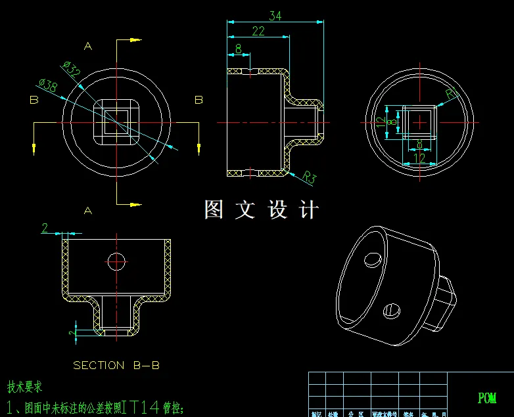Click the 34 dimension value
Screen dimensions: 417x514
(275, 16)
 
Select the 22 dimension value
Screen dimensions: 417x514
(258, 31)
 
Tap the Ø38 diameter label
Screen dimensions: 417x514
(48, 85)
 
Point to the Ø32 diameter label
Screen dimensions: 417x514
(71, 68)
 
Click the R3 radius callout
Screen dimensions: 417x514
(310, 176)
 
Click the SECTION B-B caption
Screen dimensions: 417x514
(116, 365)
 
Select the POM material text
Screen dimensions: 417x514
(487, 398)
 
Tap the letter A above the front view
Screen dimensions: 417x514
(87, 46)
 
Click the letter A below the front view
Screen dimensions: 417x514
(87, 210)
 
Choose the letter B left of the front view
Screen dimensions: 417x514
(34, 100)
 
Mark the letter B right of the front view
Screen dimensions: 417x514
(199, 100)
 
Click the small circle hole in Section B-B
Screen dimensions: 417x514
(117, 261)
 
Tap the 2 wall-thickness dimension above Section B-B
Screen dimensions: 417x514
(45, 228)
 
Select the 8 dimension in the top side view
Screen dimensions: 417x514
(237, 48)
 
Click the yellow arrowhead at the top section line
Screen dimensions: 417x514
(135, 40)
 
